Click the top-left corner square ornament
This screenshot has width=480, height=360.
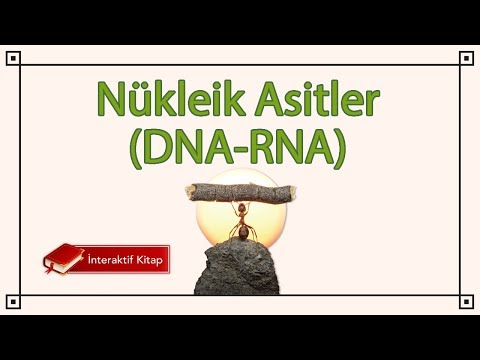tap(13, 58)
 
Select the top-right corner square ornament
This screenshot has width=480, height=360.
tap(466, 58)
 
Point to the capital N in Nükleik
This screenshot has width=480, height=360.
tap(110, 102)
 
